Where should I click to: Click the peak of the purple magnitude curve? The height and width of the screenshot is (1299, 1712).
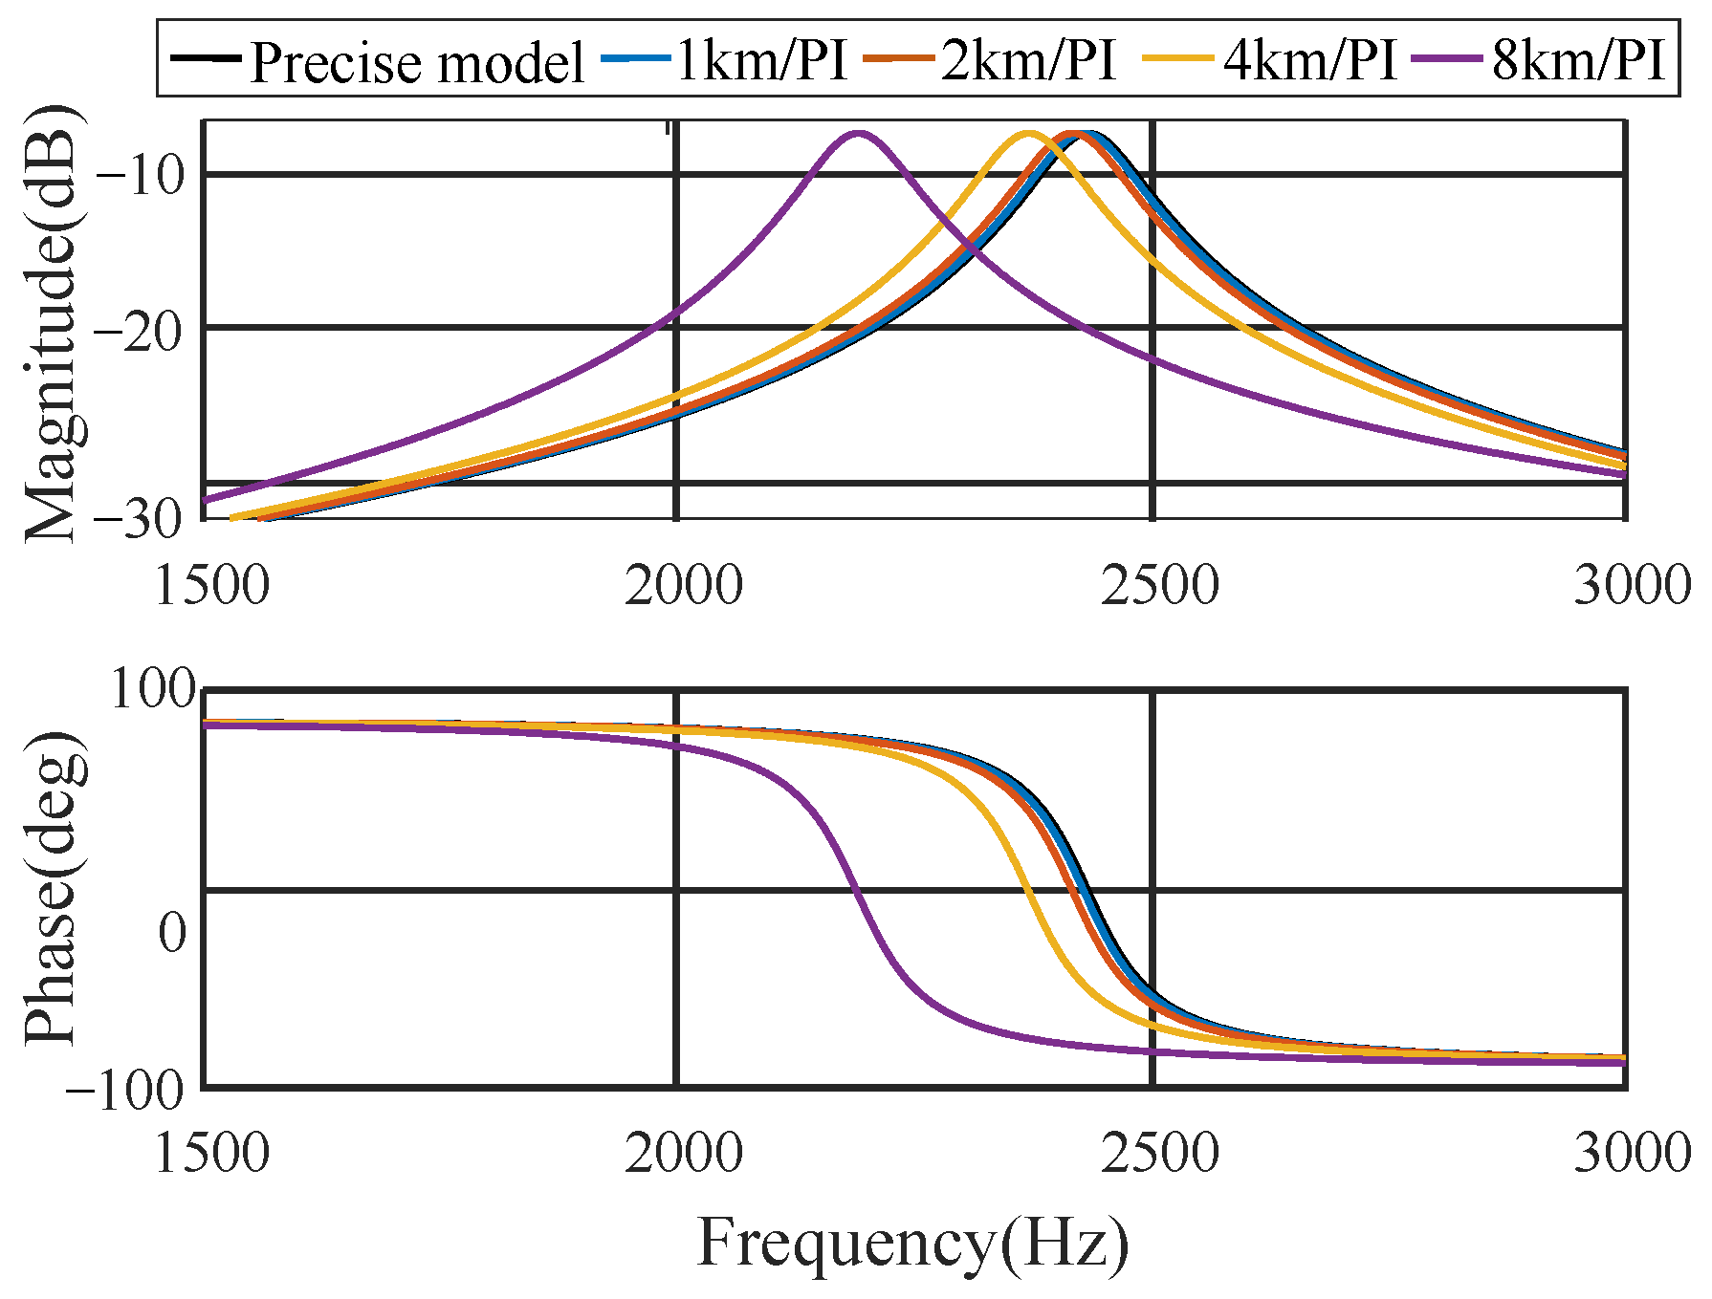858,134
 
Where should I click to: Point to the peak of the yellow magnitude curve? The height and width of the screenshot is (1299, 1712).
1028,134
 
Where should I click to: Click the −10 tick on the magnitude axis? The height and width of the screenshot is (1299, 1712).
141,176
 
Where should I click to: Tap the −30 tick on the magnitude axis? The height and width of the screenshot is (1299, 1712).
141,518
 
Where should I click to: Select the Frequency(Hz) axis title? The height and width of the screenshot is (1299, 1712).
912,1244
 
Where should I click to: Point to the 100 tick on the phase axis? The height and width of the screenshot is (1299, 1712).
153,688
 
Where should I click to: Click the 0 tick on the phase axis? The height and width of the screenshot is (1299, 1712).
173,931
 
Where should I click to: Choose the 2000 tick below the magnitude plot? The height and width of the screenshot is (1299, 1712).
683,585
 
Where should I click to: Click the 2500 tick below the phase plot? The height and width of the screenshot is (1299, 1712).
1158,1152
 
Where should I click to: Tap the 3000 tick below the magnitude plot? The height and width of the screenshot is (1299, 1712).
1632,585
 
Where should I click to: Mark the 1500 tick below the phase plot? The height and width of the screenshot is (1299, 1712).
210,1152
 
